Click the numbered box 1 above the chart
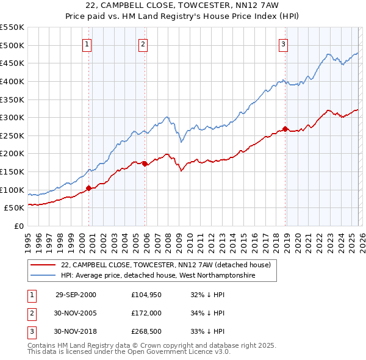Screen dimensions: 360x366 pos(87,44)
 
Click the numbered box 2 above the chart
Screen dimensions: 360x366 pos(143,44)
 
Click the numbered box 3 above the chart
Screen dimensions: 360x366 pos(284,44)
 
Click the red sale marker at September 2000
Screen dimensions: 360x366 pos(89,188)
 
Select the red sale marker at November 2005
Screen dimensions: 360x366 pos(145,164)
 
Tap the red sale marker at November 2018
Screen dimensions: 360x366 pos(285,129)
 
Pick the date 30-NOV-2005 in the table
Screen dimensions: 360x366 pos(76,313)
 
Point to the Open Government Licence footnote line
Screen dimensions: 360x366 pos(129,352)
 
